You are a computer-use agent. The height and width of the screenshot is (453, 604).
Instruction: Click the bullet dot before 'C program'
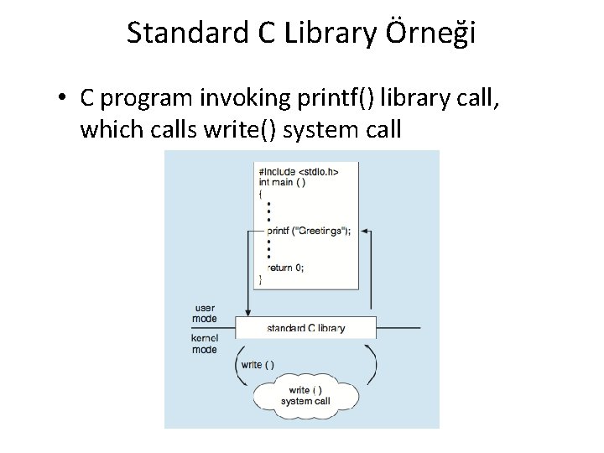63,99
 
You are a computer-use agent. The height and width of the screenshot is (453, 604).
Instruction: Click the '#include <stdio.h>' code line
299,171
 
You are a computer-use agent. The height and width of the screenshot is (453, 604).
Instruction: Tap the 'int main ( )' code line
283,182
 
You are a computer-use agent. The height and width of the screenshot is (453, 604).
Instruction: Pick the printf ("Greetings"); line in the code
308,230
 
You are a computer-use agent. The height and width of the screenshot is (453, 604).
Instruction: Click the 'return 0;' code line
285,268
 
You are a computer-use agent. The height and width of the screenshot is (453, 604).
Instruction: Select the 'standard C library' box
305,328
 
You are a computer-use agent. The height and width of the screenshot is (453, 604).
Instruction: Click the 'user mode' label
205,313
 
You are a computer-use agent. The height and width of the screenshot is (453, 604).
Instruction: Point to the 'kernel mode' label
205,344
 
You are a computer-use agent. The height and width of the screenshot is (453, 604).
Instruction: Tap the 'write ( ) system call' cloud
305,395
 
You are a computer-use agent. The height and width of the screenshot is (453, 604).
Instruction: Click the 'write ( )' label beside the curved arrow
257,364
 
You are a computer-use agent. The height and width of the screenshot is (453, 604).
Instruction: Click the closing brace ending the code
260,279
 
